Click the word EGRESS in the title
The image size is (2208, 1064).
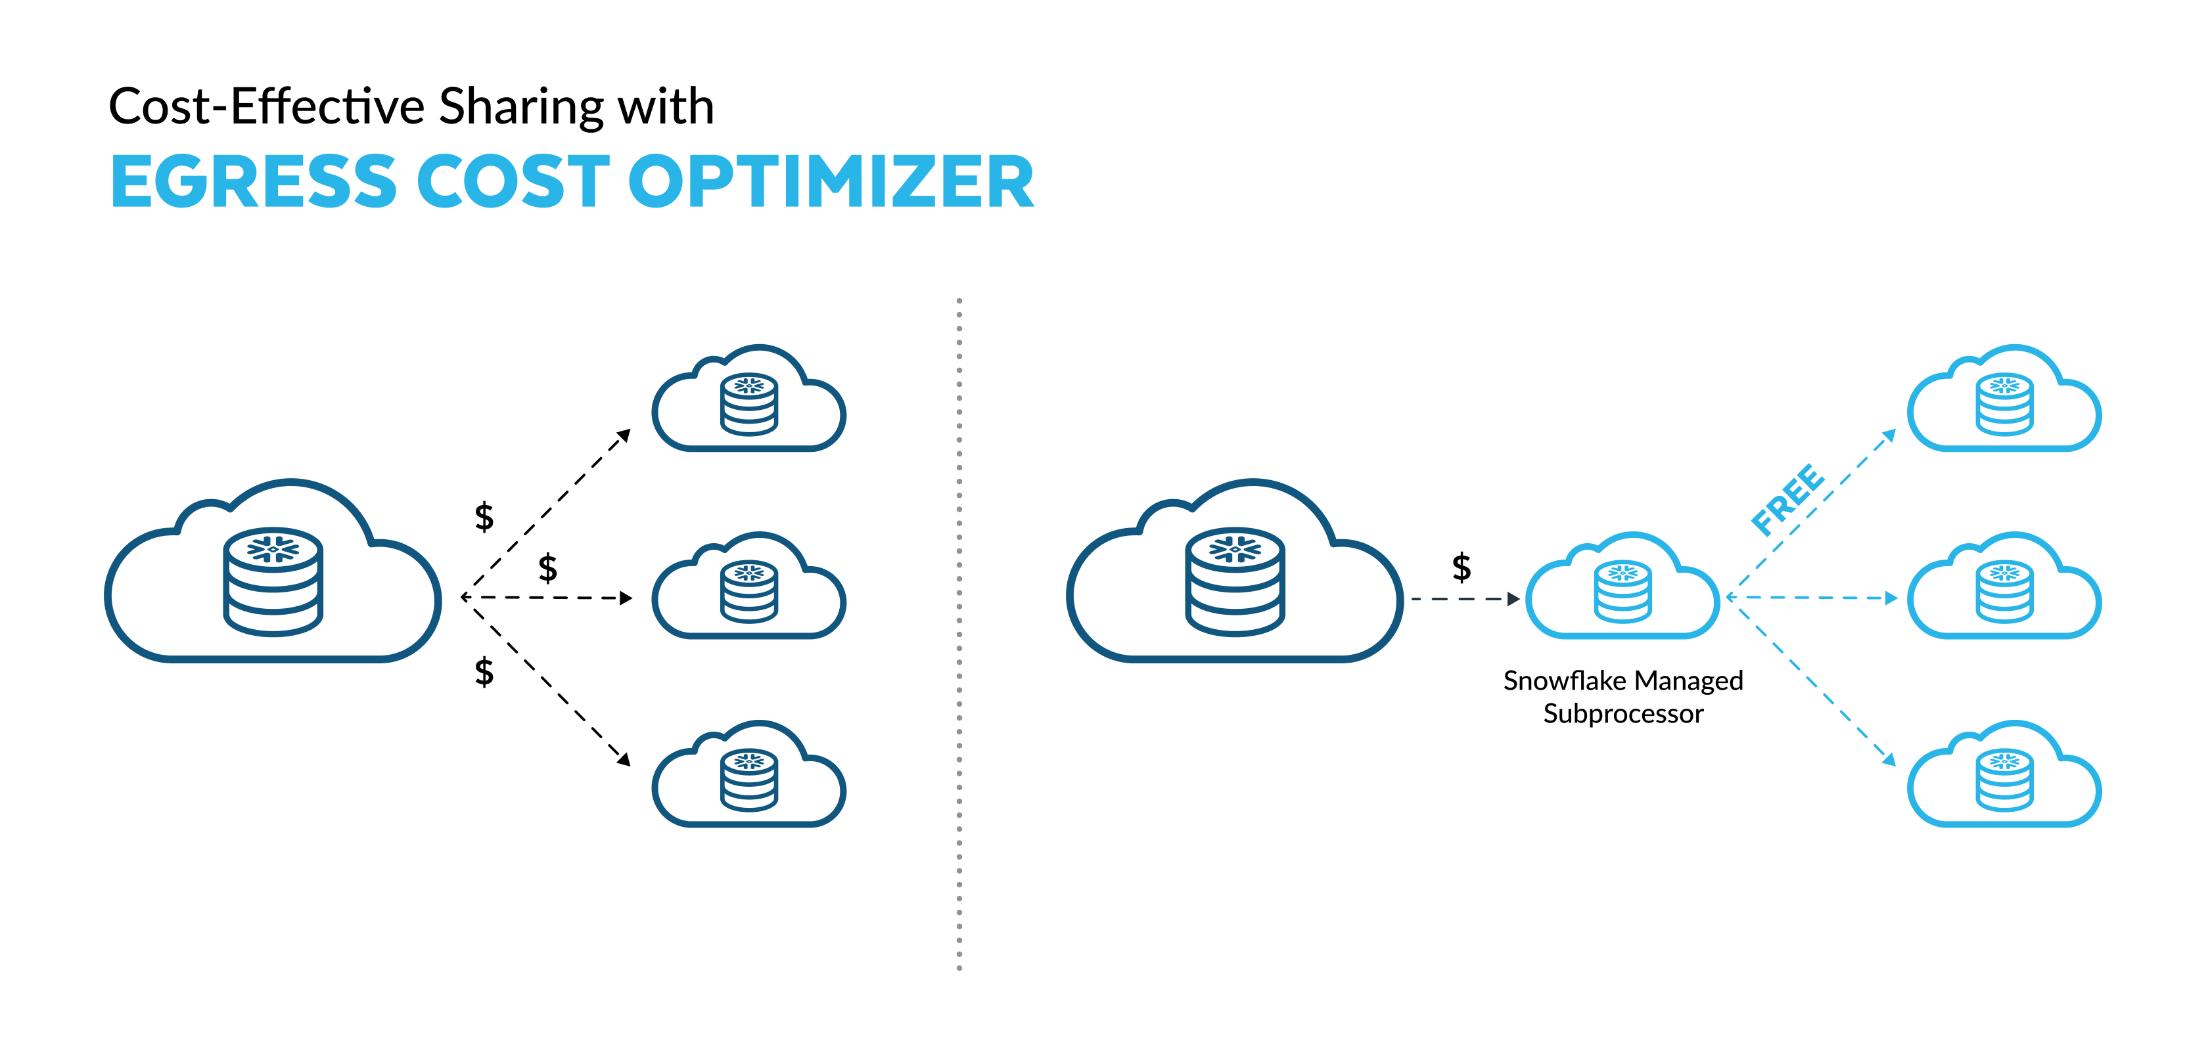pyautogui.click(x=254, y=182)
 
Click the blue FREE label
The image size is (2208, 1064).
pyautogui.click(x=1788, y=499)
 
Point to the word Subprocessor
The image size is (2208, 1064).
pyautogui.click(x=1622, y=714)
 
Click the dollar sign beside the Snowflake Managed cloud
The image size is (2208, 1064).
pyautogui.click(x=1461, y=567)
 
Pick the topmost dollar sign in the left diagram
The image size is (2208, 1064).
pyautogui.click(x=484, y=517)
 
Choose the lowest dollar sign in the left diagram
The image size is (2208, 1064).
pyautogui.click(x=484, y=672)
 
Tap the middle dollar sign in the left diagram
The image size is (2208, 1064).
pyautogui.click(x=547, y=568)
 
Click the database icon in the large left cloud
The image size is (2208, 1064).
pyautogui.click(x=273, y=582)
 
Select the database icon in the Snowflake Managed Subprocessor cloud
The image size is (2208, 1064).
pyautogui.click(x=1622, y=591)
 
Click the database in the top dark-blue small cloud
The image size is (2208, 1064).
pyautogui.click(x=749, y=405)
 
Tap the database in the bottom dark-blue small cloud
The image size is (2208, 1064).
pyautogui.click(x=749, y=780)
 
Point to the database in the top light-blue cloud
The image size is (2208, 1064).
pyautogui.click(x=2004, y=405)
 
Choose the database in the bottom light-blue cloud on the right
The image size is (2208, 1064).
pyautogui.click(x=2004, y=780)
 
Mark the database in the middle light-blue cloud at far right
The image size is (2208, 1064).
pyautogui.click(x=2004, y=591)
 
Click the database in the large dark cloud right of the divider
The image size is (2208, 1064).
pyautogui.click(x=1235, y=582)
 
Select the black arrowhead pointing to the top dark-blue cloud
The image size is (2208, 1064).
pyautogui.click(x=625, y=435)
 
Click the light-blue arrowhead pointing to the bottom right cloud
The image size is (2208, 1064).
pyautogui.click(x=1889, y=759)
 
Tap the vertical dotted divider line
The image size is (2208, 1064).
pyautogui.click(x=959, y=634)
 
